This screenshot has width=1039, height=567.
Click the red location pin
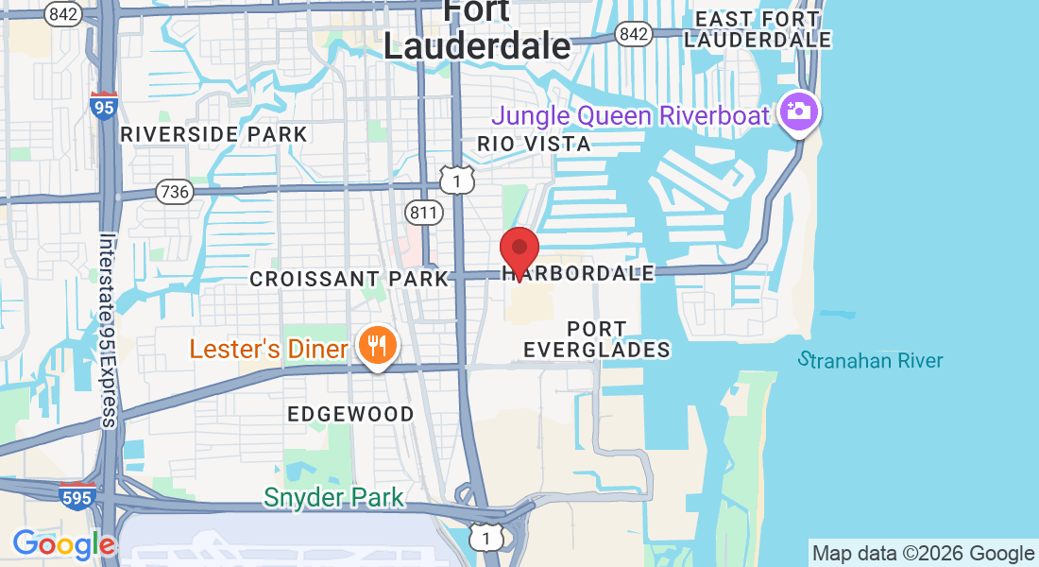(x=519, y=250)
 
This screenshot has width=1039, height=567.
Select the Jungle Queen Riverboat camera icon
(x=800, y=112)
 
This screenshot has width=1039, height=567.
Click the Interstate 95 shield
(x=104, y=106)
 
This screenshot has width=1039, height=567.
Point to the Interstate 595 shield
(x=77, y=495)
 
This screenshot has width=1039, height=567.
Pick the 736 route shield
(x=175, y=192)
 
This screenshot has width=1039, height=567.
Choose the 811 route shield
(x=424, y=212)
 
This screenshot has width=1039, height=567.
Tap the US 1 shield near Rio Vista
(x=457, y=178)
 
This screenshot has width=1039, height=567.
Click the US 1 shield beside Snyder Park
(x=487, y=537)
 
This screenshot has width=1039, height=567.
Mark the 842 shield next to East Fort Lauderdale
(x=633, y=34)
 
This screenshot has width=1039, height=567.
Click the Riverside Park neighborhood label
(x=214, y=134)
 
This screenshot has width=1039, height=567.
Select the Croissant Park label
(x=349, y=279)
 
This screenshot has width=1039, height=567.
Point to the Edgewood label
(x=350, y=414)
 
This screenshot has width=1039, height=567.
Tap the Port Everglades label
(x=596, y=339)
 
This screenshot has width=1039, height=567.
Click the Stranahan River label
(x=870, y=360)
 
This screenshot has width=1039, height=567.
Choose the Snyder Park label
(x=333, y=497)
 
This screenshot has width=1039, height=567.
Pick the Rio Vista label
(x=534, y=144)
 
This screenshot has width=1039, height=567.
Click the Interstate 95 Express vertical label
(x=108, y=331)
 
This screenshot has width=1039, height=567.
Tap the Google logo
(x=63, y=544)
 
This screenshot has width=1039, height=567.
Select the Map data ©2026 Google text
(x=923, y=553)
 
